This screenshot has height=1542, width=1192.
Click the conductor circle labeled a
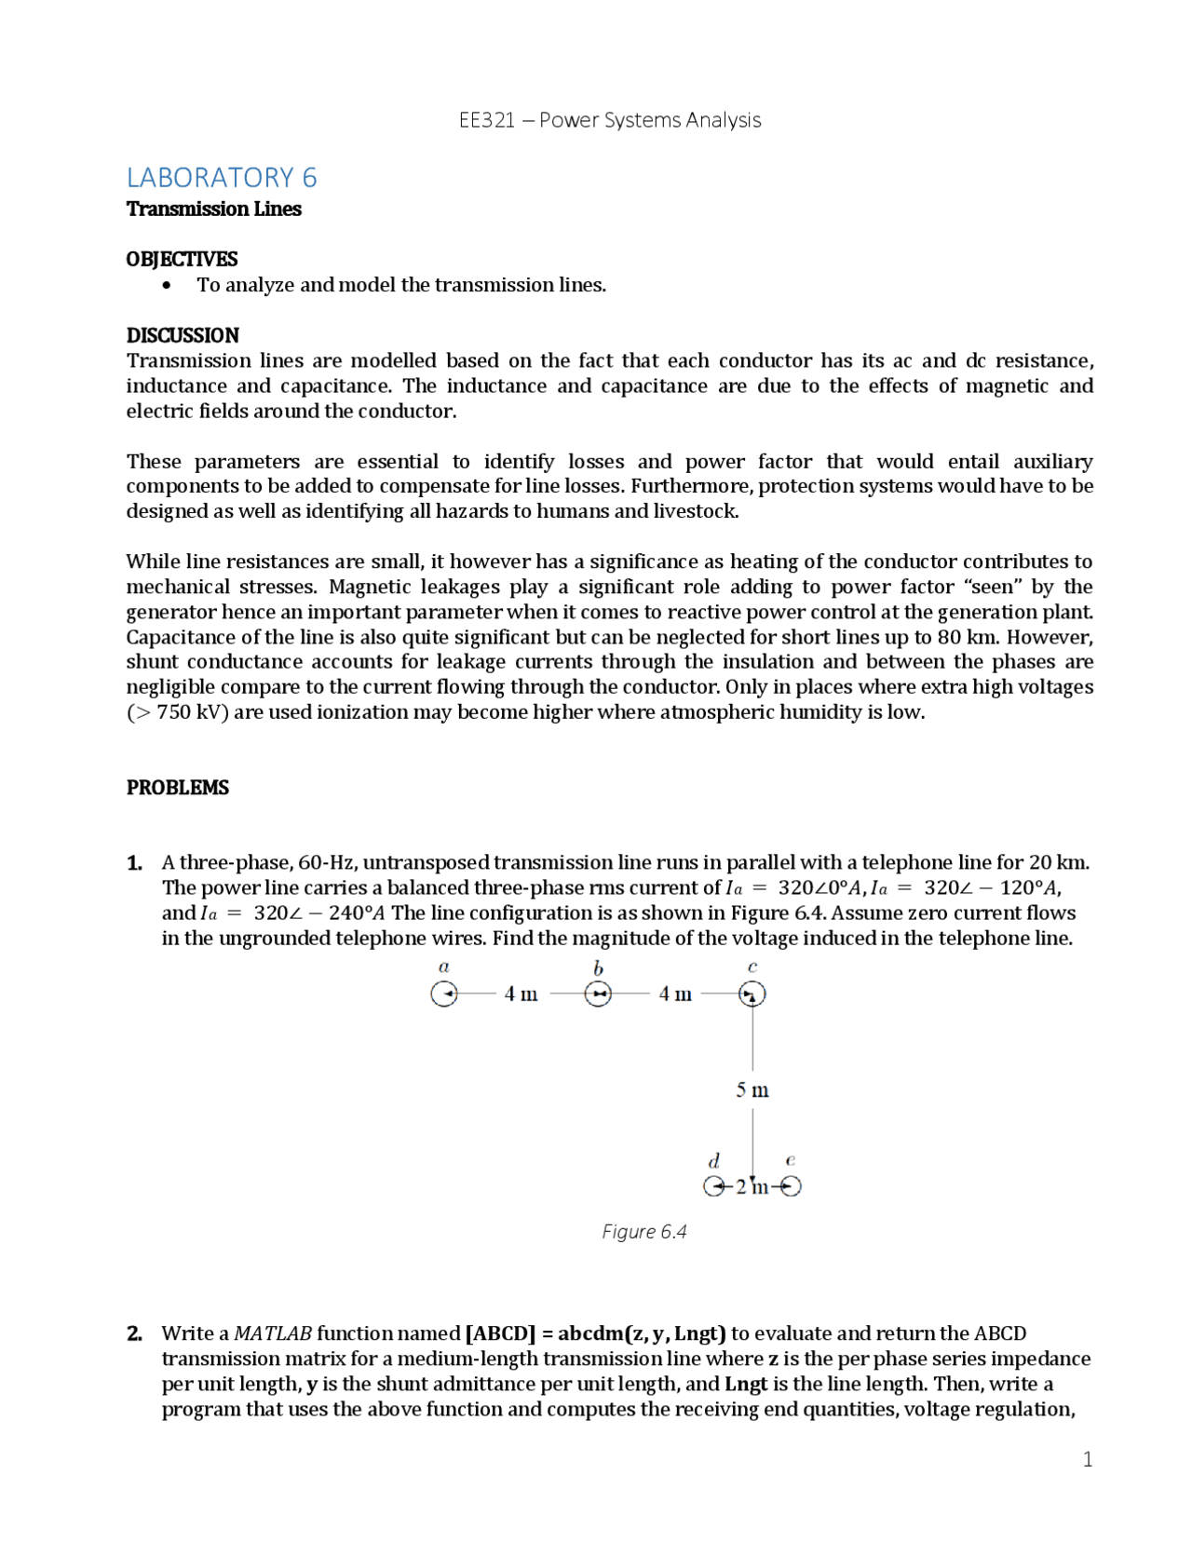pos(444,994)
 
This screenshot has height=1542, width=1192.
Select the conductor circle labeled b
pos(598,994)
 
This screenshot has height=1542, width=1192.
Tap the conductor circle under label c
pos(752,994)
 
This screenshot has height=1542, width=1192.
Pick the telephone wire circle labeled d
pos(714,1186)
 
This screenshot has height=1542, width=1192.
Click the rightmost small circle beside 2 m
pos(791,1186)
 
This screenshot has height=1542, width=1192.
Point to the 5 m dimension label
pos(752,1090)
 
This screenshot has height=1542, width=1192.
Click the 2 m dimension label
pos(752,1186)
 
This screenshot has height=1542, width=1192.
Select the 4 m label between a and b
pos(521,994)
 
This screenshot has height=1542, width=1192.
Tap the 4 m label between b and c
pos(675,994)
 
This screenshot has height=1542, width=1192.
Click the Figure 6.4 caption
pos(644,1232)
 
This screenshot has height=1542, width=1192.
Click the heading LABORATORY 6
pos(222,177)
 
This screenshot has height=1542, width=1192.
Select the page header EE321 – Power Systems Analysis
pos(610,120)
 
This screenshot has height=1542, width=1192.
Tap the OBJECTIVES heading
pos(182,259)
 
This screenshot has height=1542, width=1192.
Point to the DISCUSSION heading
pos(183,335)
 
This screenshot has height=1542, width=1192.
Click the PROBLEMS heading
pos(178,788)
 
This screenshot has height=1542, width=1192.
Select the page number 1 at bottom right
pos(1088,1459)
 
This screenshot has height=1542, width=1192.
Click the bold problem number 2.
pos(134,1333)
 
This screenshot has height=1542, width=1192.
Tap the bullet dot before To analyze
pos(167,286)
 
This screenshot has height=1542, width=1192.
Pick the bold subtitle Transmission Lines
pos(214,209)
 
